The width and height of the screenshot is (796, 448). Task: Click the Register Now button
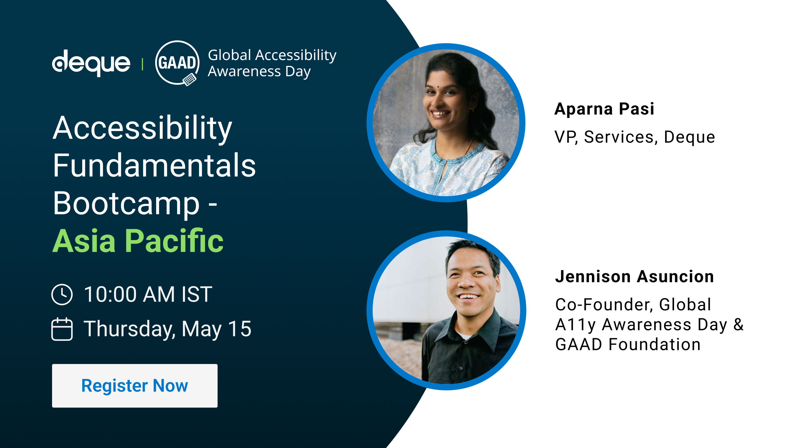(x=135, y=386)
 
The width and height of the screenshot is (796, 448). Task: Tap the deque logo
(x=91, y=63)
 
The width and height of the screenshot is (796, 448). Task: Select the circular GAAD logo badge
(x=177, y=63)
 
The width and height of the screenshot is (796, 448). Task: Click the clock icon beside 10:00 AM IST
(x=62, y=294)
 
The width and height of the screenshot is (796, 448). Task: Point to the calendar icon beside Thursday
(x=62, y=329)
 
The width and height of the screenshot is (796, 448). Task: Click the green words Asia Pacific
(x=138, y=241)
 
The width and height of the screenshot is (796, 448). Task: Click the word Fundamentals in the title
(x=154, y=165)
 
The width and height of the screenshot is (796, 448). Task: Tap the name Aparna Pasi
(x=605, y=109)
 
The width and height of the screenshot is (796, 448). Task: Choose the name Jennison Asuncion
(x=635, y=276)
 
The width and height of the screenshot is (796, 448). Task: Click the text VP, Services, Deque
(x=635, y=137)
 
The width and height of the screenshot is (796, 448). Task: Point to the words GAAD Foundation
(x=628, y=344)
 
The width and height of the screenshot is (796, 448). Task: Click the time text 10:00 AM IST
(x=148, y=294)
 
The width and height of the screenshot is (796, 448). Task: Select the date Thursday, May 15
(x=168, y=329)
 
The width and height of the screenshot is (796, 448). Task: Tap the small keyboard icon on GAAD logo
(x=189, y=80)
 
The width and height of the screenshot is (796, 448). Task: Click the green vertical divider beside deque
(x=142, y=64)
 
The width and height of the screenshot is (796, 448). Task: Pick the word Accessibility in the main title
(x=142, y=128)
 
